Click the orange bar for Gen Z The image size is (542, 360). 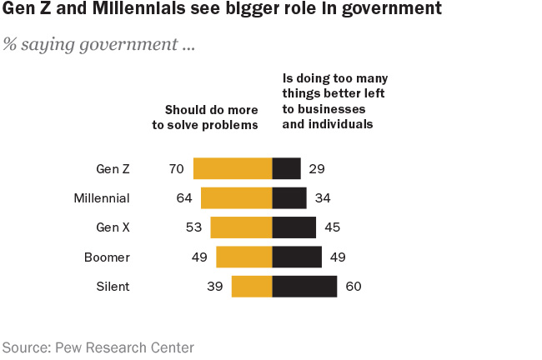point(233,168)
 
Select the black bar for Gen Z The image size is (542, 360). point(286,168)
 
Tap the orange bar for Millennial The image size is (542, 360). point(236,197)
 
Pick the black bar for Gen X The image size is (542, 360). point(294,227)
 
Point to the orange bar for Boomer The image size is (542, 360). point(243,257)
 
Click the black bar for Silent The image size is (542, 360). point(304,287)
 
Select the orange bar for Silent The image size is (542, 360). point(251,287)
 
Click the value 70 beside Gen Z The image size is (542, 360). point(176,169)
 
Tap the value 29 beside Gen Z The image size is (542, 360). point(316,169)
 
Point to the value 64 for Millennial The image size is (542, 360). point(184,198)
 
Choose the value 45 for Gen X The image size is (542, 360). point(331,227)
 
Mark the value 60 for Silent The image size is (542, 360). point(353,287)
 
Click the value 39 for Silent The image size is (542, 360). point(214,287)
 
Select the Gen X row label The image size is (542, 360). point(113,227)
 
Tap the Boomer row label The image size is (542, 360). point(107,257)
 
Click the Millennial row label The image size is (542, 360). point(102,198)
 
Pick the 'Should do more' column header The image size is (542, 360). point(211,110)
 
